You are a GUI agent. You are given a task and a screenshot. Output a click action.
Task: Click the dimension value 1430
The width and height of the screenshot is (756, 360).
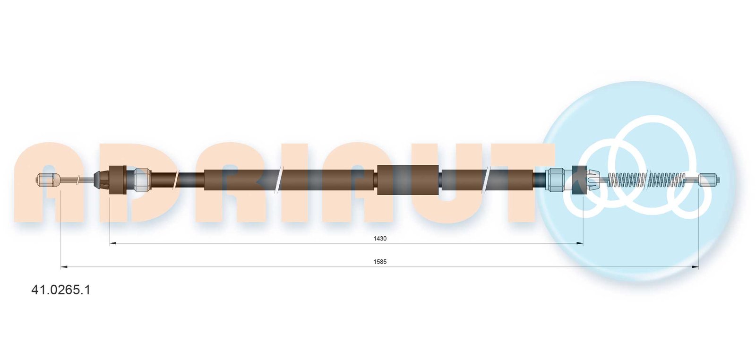380,239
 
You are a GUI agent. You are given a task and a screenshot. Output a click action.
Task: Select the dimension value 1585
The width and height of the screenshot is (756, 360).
380,262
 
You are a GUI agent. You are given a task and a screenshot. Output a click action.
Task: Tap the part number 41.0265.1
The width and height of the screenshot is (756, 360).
61,290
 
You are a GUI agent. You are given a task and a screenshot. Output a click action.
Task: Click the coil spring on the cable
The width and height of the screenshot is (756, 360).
646,180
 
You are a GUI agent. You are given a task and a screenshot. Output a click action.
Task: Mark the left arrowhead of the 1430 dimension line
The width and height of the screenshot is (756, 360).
113,243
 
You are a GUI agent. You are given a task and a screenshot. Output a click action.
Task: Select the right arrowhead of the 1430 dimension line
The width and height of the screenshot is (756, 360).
579,243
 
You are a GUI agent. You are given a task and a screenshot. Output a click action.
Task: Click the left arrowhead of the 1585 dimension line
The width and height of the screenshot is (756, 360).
64,267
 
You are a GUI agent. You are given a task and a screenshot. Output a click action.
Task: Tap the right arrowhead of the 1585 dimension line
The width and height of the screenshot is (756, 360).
695,267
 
